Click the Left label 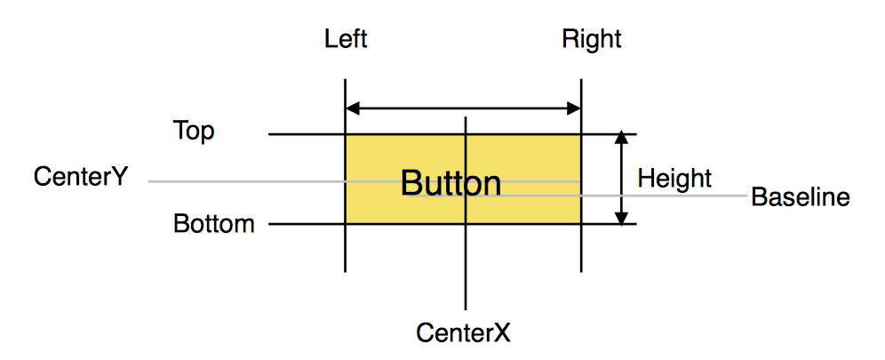(346, 40)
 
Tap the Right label (592, 40)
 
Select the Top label (194, 132)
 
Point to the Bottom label (214, 223)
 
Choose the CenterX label (464, 333)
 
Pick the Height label (675, 179)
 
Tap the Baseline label (801, 196)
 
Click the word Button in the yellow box (450, 184)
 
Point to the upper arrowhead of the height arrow (622, 140)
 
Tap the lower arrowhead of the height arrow (622, 218)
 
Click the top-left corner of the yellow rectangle (345, 135)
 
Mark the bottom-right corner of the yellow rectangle (581, 224)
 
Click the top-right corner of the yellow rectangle (581, 135)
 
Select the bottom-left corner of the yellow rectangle (345, 224)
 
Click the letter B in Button (411, 184)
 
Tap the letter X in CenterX (503, 333)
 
